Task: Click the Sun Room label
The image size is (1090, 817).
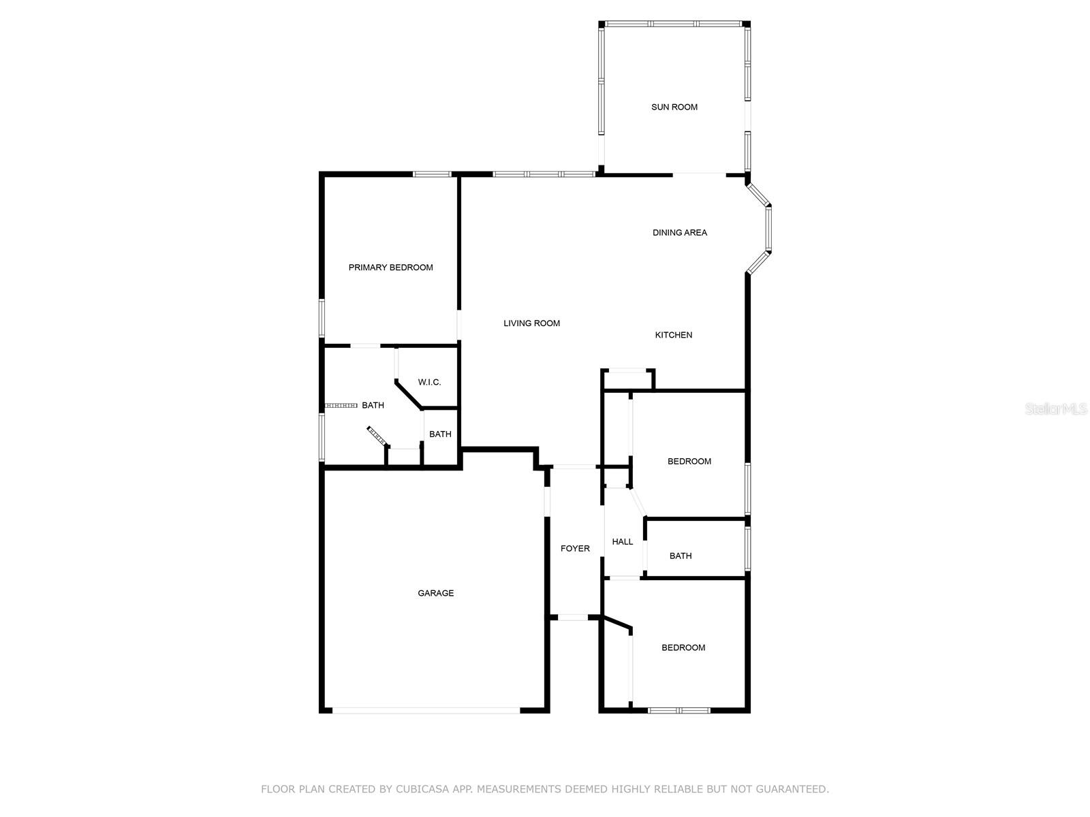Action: point(674,107)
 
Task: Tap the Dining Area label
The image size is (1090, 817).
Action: point(679,233)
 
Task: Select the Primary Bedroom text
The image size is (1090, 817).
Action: point(390,268)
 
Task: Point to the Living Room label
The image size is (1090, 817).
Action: point(531,323)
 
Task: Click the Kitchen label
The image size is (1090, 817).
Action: point(673,335)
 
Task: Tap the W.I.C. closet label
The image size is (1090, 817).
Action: point(429,383)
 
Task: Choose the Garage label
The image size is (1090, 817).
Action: point(435,594)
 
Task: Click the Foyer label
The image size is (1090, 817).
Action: point(575,549)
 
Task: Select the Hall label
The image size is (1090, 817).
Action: point(622,542)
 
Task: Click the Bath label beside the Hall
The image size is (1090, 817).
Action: point(680,556)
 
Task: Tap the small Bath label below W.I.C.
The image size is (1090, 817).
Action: point(440,434)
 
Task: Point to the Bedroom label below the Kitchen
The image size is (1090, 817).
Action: point(689,462)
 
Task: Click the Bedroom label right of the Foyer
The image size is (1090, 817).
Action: point(683,648)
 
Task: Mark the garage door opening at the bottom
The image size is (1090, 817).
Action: point(426,711)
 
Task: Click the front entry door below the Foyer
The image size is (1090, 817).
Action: point(573,618)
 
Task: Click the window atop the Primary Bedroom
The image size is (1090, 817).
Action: point(432,174)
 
